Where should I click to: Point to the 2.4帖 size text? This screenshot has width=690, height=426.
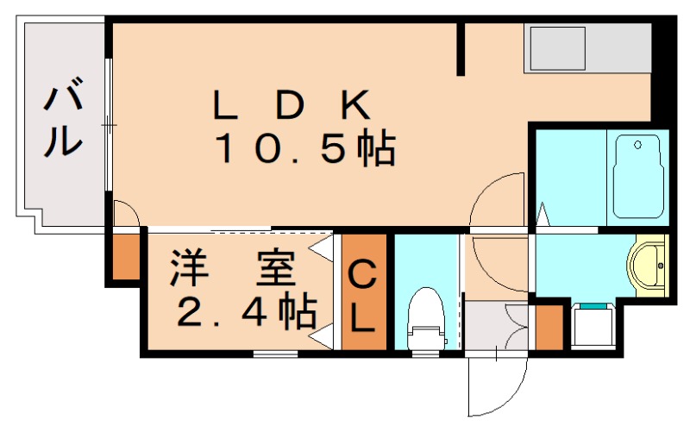coord(246,312)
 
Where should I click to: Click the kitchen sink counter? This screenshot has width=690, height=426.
coord(586,49)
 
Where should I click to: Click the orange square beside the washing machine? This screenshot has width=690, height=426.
coord(549,326)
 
